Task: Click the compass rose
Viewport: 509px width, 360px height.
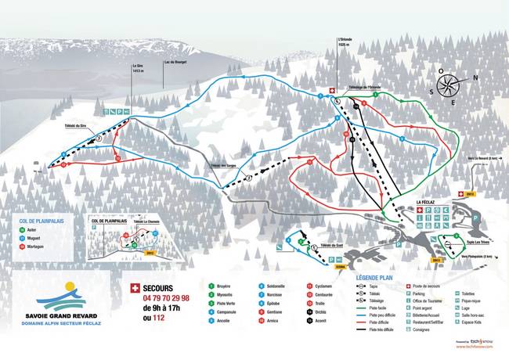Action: coord(449,88)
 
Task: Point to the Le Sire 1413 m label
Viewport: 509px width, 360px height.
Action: coord(139,68)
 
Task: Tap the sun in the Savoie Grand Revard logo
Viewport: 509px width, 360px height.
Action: coord(70,287)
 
